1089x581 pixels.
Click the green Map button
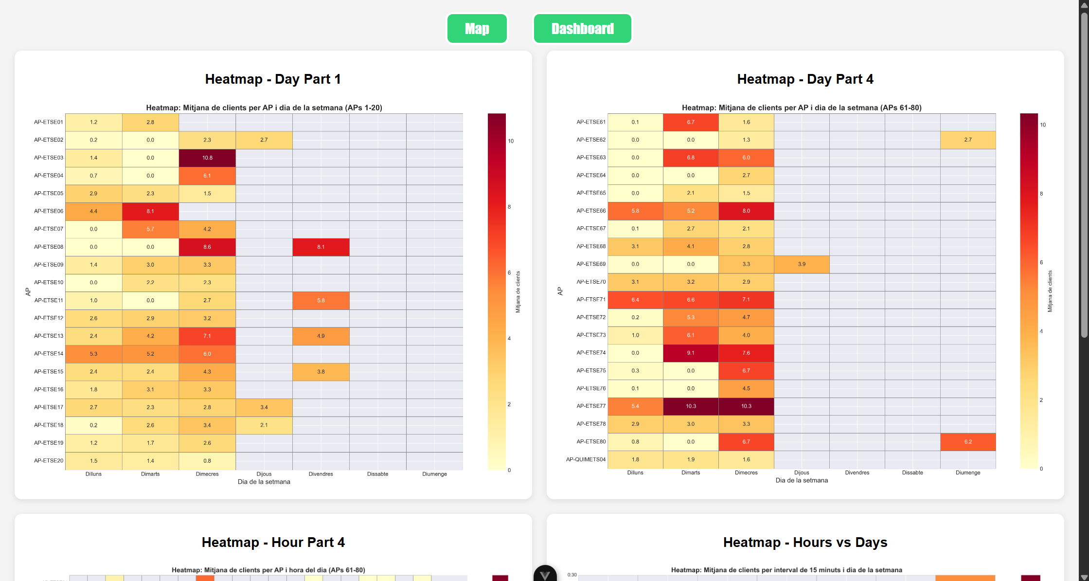pyautogui.click(x=477, y=29)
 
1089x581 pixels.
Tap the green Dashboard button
pyautogui.click(x=582, y=29)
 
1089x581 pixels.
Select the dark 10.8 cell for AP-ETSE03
pyautogui.click(x=207, y=158)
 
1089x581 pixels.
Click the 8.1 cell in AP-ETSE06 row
pyautogui.click(x=150, y=211)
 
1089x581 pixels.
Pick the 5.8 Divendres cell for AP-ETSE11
pyautogui.click(x=321, y=300)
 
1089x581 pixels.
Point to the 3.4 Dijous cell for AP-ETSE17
pyautogui.click(x=264, y=407)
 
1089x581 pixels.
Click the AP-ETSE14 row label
pyautogui.click(x=49, y=354)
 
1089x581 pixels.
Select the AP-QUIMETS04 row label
pyautogui.click(x=586, y=459)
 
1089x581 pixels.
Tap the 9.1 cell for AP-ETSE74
pyautogui.click(x=691, y=353)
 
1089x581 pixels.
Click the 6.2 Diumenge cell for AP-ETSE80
pyautogui.click(x=968, y=442)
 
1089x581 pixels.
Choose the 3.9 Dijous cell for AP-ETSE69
pyautogui.click(x=802, y=264)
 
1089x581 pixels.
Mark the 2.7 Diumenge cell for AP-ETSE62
pyautogui.click(x=968, y=140)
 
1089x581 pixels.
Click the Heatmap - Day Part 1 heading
pyautogui.click(x=273, y=79)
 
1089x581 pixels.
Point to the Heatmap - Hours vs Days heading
pyautogui.click(x=805, y=542)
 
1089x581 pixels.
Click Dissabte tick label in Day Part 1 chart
pyautogui.click(x=377, y=474)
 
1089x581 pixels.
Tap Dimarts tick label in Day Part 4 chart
pyautogui.click(x=691, y=472)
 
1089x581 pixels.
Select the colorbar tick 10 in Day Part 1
pyautogui.click(x=511, y=141)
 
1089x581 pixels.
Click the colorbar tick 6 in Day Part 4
pyautogui.click(x=1041, y=262)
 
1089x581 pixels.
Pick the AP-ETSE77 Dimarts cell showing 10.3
pyautogui.click(x=691, y=406)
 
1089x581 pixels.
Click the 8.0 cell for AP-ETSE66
pyautogui.click(x=746, y=211)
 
